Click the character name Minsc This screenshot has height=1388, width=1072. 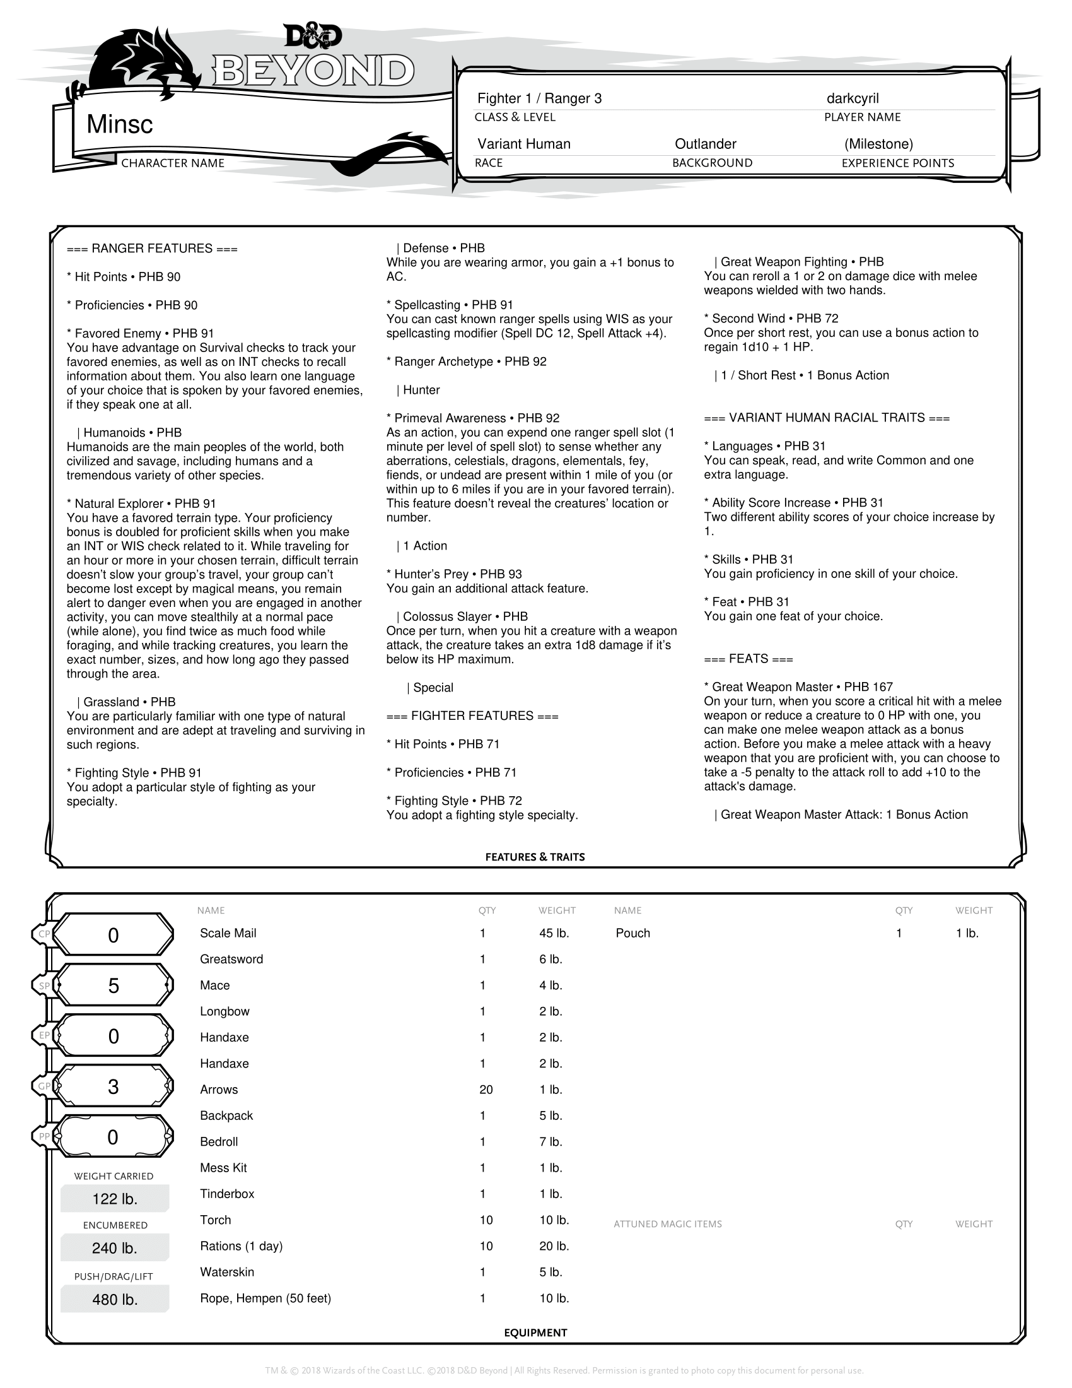119,124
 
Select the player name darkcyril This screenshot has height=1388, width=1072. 853,98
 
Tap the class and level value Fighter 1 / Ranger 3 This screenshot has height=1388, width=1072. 539,98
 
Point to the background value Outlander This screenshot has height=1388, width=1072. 705,144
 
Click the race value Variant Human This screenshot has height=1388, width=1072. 524,144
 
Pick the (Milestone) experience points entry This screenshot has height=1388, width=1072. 878,144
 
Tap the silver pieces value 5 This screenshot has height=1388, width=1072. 113,985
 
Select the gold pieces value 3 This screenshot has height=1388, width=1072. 113,1087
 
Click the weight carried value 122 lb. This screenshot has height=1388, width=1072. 115,1199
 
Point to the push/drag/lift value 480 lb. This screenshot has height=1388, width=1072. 115,1300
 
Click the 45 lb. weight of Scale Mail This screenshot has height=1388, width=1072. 554,933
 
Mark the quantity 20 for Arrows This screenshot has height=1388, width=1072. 486,1090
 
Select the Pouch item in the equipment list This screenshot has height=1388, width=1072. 632,933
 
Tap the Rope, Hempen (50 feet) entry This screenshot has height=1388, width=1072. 265,1298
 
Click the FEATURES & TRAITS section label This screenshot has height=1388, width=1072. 535,857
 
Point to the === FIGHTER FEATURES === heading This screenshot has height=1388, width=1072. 472,716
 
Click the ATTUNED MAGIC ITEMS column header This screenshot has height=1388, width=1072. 667,1224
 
